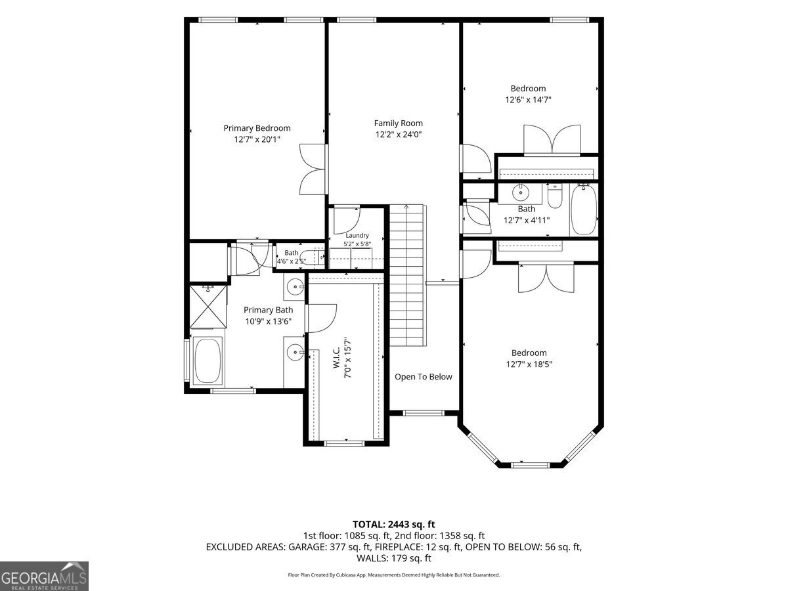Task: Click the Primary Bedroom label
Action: [x=257, y=128]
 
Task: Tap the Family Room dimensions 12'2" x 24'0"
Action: [x=399, y=135]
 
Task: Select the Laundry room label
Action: [x=357, y=235]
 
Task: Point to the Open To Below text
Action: [x=424, y=377]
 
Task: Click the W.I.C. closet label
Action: [x=336, y=358]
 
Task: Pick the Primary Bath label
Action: [x=268, y=310]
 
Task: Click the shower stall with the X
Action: [x=208, y=306]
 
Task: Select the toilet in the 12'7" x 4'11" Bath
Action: [x=555, y=196]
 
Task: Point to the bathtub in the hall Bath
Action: [x=584, y=210]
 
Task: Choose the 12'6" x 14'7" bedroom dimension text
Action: [x=528, y=100]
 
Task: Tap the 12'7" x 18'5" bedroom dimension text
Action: [x=529, y=364]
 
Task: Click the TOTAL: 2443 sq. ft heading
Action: [x=394, y=524]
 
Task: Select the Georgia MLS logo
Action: [x=44, y=577]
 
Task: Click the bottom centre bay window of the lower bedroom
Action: [x=531, y=465]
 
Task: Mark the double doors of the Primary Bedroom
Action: [x=313, y=169]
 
